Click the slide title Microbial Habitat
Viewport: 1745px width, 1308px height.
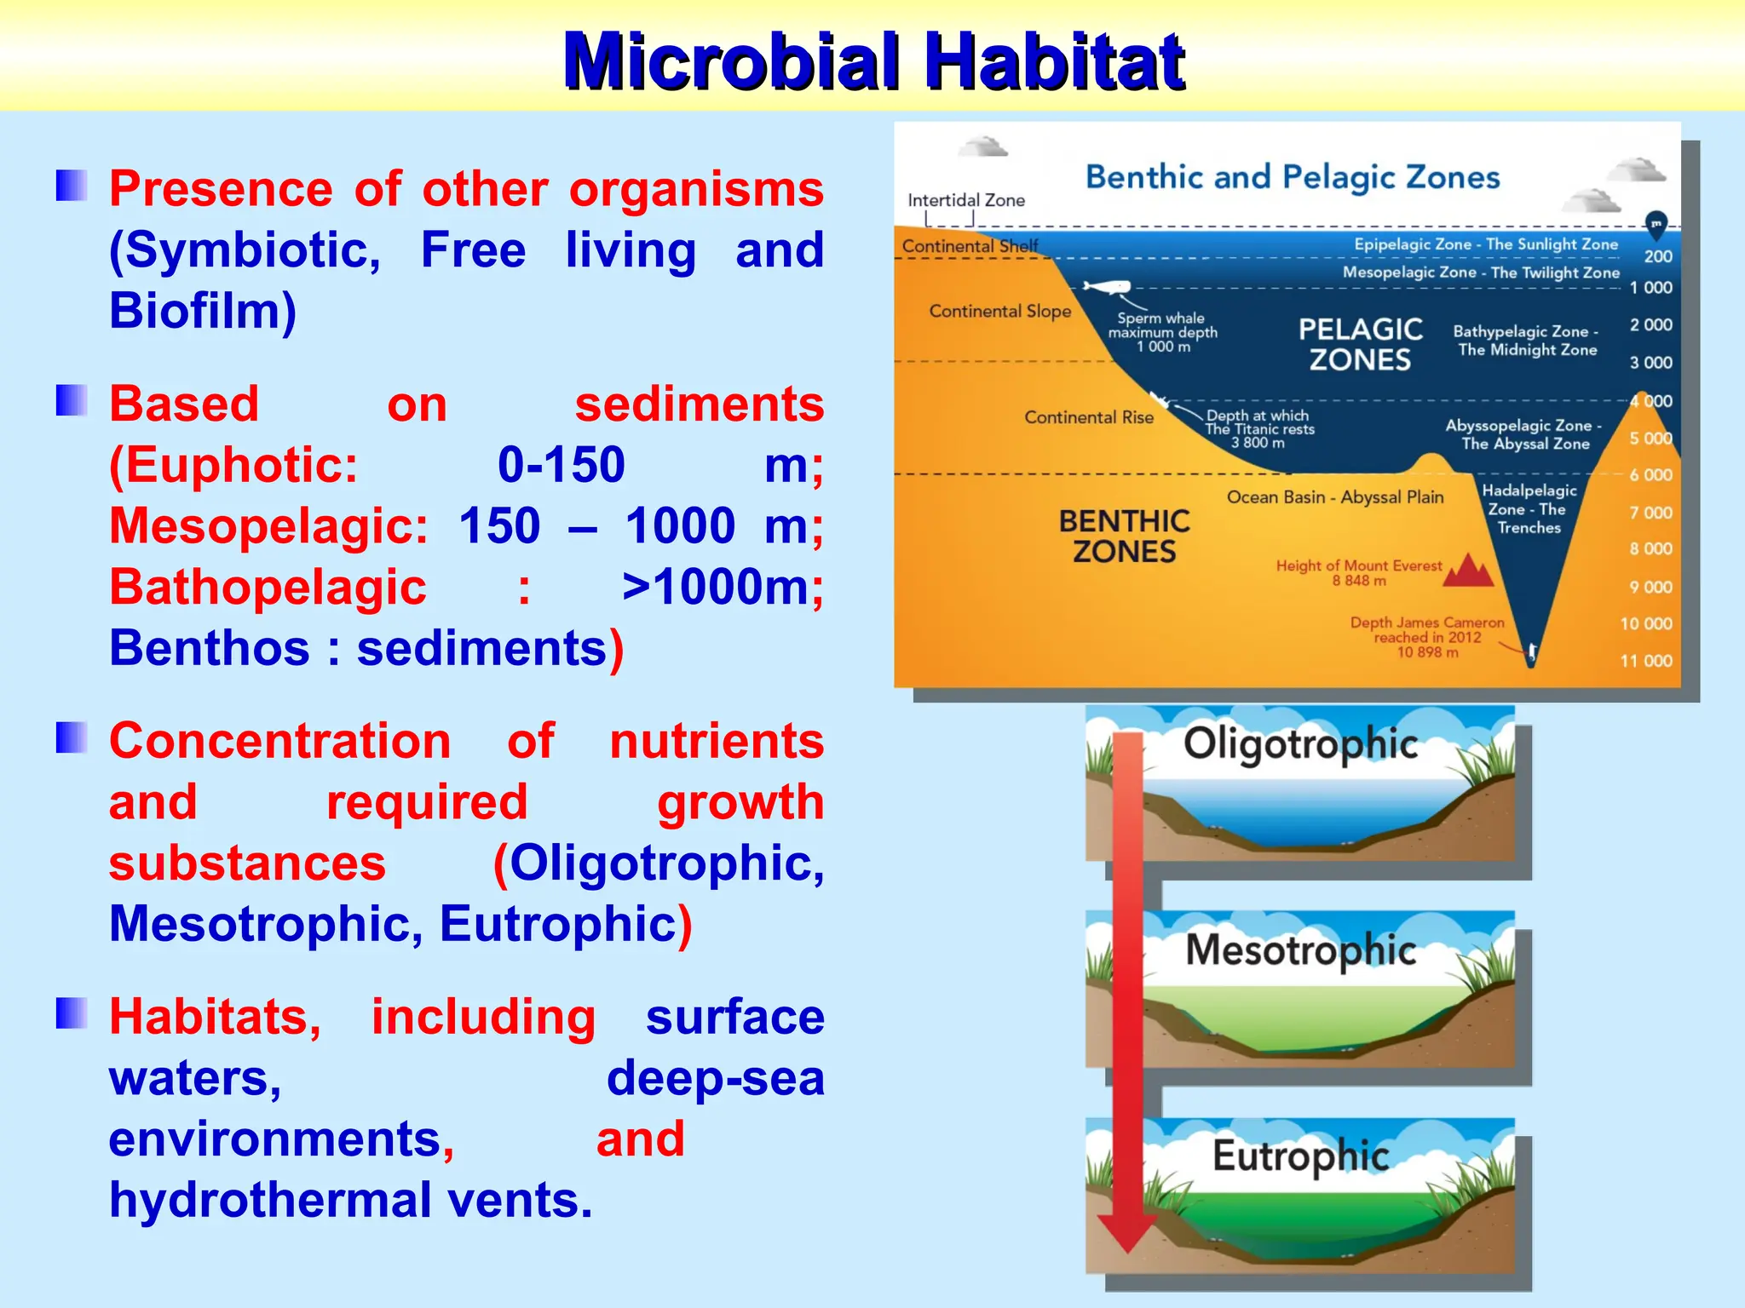pos(872,61)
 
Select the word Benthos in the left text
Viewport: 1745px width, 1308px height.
pos(209,648)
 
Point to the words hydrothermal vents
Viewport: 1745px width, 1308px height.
pos(349,1201)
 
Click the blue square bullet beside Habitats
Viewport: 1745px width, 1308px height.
pos(72,1013)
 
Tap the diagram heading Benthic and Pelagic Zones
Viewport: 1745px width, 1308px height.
pos(1292,177)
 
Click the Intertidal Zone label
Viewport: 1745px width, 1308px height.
pos(965,200)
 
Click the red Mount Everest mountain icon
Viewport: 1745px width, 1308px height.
pos(1468,571)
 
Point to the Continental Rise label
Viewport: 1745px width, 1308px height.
pos(1088,417)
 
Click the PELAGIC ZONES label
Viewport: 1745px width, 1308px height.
pos(1360,344)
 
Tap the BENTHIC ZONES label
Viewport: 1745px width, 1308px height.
pos(1124,536)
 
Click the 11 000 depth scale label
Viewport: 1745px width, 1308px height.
pos(1645,661)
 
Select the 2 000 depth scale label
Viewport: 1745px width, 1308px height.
pos(1650,325)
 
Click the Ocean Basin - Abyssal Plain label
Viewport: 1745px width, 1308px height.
pos(1334,497)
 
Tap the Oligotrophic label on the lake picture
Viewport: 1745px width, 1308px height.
pos(1300,743)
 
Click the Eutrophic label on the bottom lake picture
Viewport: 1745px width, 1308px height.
pos(1300,1156)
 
